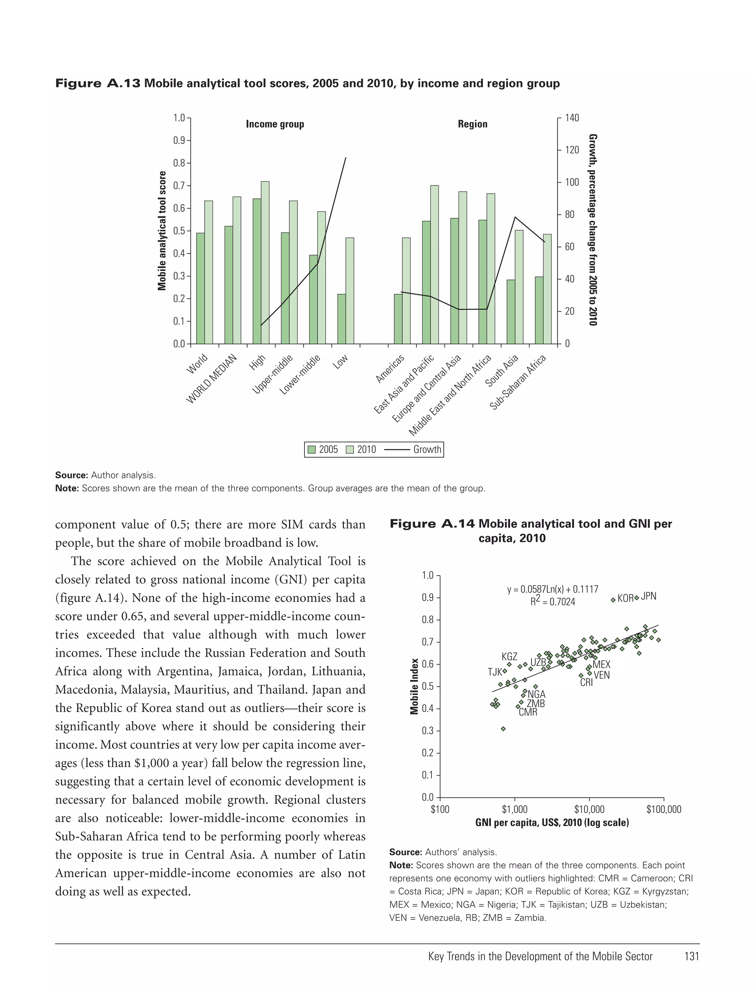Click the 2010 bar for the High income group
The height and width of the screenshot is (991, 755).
coord(265,262)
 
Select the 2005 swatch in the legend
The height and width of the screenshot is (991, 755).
coord(312,449)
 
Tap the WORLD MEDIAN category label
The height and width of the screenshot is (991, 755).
coord(211,379)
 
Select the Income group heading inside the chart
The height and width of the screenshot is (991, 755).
coord(275,124)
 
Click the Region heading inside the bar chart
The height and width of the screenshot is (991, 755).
coord(472,124)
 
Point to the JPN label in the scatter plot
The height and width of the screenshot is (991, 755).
coord(648,597)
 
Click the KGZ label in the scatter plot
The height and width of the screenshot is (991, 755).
coord(509,657)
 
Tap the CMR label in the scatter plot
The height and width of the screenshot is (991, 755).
coord(528,712)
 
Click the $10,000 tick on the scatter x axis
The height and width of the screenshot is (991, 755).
coord(589,810)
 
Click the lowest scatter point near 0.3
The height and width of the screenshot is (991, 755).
coord(503,729)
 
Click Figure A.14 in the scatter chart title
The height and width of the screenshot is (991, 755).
coord(431,524)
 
